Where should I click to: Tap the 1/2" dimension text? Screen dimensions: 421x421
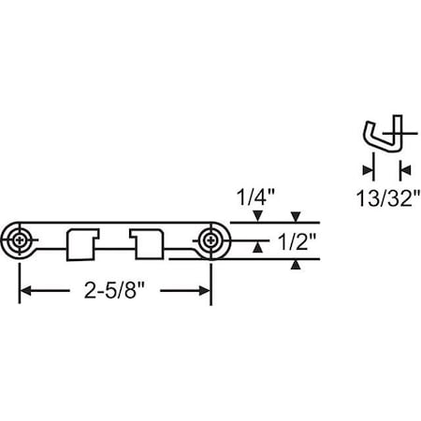(298, 241)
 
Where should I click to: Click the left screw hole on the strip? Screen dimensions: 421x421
(22, 240)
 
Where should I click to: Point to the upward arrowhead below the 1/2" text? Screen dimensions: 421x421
(297, 266)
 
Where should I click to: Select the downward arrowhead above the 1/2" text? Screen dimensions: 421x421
(297, 216)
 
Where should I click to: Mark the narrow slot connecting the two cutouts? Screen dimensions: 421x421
(115, 250)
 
